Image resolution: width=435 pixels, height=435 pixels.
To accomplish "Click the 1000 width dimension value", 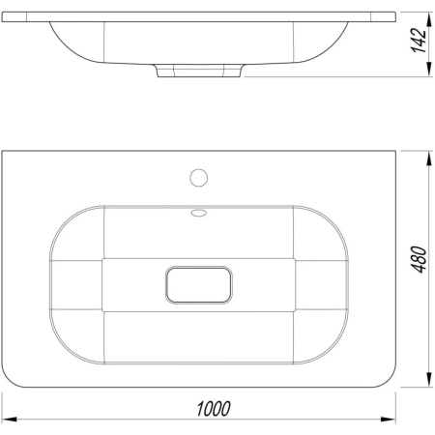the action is (x=214, y=409).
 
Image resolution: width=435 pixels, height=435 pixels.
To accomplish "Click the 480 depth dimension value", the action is (x=420, y=259).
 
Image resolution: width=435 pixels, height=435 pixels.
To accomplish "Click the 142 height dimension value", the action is (x=419, y=41).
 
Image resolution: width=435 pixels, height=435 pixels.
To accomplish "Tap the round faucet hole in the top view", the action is (x=199, y=178).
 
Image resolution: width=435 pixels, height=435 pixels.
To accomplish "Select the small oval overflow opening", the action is (x=199, y=213).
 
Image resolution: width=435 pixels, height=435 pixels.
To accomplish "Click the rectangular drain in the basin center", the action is (x=199, y=285).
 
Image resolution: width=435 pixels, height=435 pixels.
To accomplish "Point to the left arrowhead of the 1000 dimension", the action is (x=9, y=420).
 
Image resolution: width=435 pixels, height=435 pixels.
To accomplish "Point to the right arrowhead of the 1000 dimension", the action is (x=389, y=420).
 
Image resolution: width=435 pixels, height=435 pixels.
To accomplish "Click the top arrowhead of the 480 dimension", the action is (x=429, y=159).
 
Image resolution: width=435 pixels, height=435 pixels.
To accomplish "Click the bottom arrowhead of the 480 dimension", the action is (x=429, y=379).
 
